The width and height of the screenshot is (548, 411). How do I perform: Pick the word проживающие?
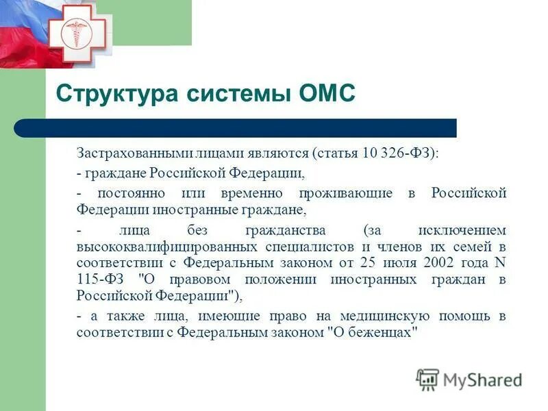point(343,193)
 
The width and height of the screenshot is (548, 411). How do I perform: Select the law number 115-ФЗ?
point(98,279)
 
